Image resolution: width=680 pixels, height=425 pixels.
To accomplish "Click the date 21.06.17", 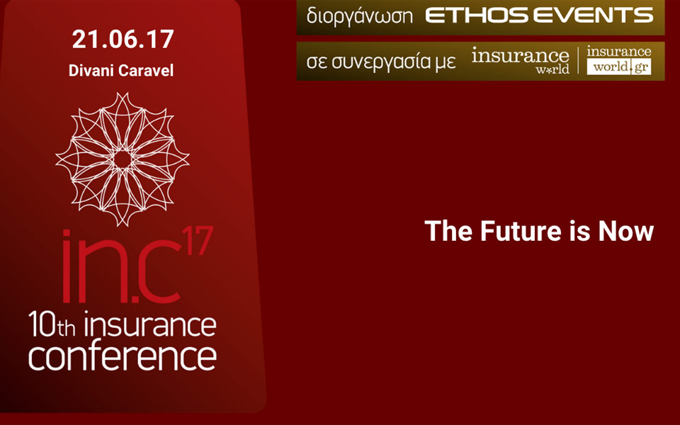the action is pyautogui.click(x=123, y=39).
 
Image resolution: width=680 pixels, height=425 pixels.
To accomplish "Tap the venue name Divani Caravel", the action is pyautogui.click(x=121, y=70).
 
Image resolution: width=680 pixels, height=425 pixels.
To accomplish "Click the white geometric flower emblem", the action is pyautogui.click(x=123, y=159).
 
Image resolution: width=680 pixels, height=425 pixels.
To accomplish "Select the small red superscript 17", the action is pyautogui.click(x=198, y=240).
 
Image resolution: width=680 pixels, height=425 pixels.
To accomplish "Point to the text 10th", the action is pyautogui.click(x=51, y=325).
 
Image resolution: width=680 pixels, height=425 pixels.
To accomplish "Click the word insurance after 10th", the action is pyautogui.click(x=150, y=325).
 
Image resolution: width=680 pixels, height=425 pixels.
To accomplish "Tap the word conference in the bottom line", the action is pyautogui.click(x=123, y=356).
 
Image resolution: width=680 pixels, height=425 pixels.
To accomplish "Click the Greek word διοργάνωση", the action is pyautogui.click(x=360, y=17).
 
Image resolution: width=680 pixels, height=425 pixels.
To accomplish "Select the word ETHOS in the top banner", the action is pyautogui.click(x=476, y=16).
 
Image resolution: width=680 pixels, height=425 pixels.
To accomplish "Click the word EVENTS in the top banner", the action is pyautogui.click(x=593, y=16).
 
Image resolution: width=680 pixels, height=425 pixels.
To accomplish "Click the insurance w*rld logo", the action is pyautogui.click(x=521, y=60).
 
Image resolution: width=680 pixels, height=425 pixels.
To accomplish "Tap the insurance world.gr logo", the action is pyautogui.click(x=619, y=60).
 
